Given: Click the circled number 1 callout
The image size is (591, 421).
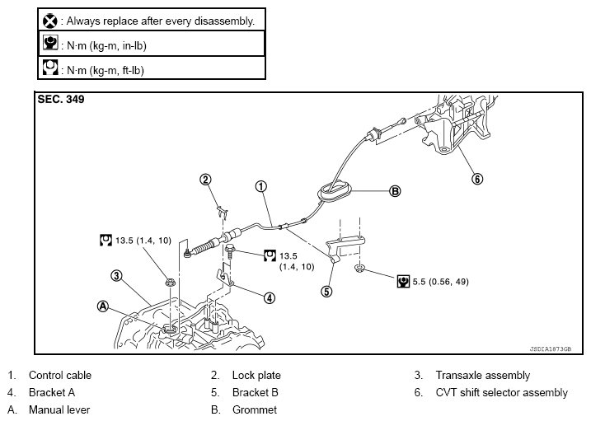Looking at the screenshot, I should point(260,186).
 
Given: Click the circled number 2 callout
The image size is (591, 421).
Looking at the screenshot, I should point(205,179).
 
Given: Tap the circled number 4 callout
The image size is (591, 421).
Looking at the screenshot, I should point(270,298).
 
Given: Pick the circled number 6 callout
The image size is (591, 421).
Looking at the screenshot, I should point(477,177).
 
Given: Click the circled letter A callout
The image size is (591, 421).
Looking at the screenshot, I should point(103,305).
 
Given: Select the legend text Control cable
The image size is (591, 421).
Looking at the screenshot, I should point(59,376).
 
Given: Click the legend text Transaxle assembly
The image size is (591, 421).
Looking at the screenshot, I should point(483,376).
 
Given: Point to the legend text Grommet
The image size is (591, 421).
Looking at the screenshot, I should point(254,409).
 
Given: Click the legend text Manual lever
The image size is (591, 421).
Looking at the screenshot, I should point(59,409).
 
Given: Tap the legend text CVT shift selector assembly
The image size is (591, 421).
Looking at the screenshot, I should point(501,393).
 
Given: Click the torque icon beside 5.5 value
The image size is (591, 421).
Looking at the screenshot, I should point(404,281).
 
